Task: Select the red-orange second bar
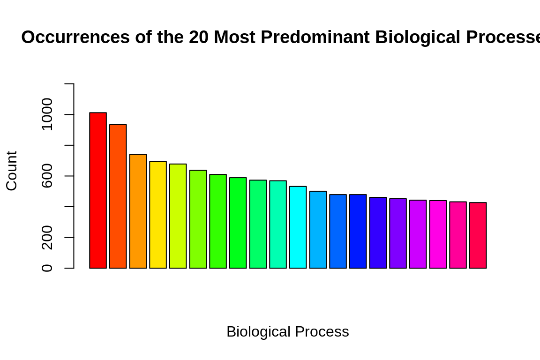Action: click(x=118, y=196)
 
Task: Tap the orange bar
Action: click(x=138, y=211)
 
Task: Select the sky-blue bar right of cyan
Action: click(x=318, y=230)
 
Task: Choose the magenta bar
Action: click(x=438, y=234)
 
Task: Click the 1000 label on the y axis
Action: click(x=47, y=114)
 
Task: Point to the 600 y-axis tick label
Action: click(x=47, y=176)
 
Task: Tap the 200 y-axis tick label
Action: click(x=47, y=237)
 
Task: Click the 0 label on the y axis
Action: click(x=47, y=268)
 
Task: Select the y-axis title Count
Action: click(x=12, y=171)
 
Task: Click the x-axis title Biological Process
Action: click(x=287, y=331)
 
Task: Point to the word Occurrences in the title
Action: click(x=75, y=37)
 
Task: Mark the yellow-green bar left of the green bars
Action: click(x=178, y=216)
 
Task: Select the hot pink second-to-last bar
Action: click(x=458, y=235)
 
